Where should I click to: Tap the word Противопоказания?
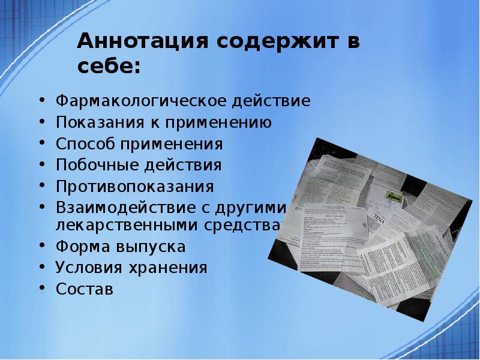tap(135, 186)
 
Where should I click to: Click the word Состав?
tap(84, 289)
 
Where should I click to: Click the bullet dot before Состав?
tap(42, 289)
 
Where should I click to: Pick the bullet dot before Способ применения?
tap(42, 145)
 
